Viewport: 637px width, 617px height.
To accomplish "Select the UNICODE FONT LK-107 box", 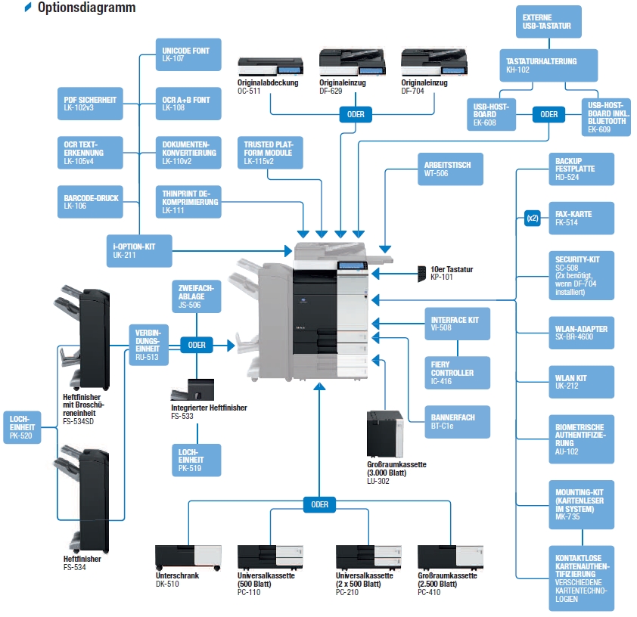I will pos(188,54).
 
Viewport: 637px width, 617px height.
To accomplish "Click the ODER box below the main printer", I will pos(319,504).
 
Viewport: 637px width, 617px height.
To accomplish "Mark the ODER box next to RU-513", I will pos(197,345).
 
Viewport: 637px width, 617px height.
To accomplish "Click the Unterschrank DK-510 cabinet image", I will pos(186,557).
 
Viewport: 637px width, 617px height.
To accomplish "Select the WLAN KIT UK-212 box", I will pos(580,382).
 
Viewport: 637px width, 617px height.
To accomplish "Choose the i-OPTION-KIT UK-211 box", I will pos(139,249).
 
